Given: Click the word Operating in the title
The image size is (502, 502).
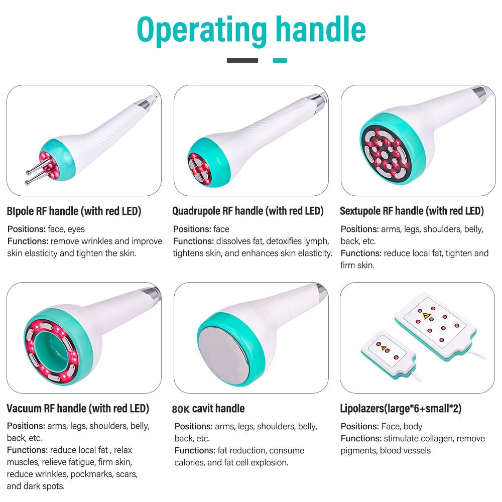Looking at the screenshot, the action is point(202,31).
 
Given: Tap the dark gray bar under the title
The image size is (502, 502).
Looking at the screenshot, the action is point(242,61).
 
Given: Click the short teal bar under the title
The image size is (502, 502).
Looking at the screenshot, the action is point(280,61).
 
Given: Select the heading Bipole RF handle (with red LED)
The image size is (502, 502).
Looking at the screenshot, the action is point(74,211).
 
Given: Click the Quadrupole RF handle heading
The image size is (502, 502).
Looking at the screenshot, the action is point(248,211).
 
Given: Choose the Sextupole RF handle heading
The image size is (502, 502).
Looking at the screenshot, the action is point(412,211).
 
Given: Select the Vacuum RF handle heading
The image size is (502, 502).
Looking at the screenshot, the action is point(78,409).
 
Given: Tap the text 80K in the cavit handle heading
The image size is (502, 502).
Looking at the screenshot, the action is point(181,409).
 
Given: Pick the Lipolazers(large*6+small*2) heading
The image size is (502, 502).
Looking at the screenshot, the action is point(401,409).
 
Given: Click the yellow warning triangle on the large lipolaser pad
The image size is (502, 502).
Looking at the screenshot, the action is point(426,316).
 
